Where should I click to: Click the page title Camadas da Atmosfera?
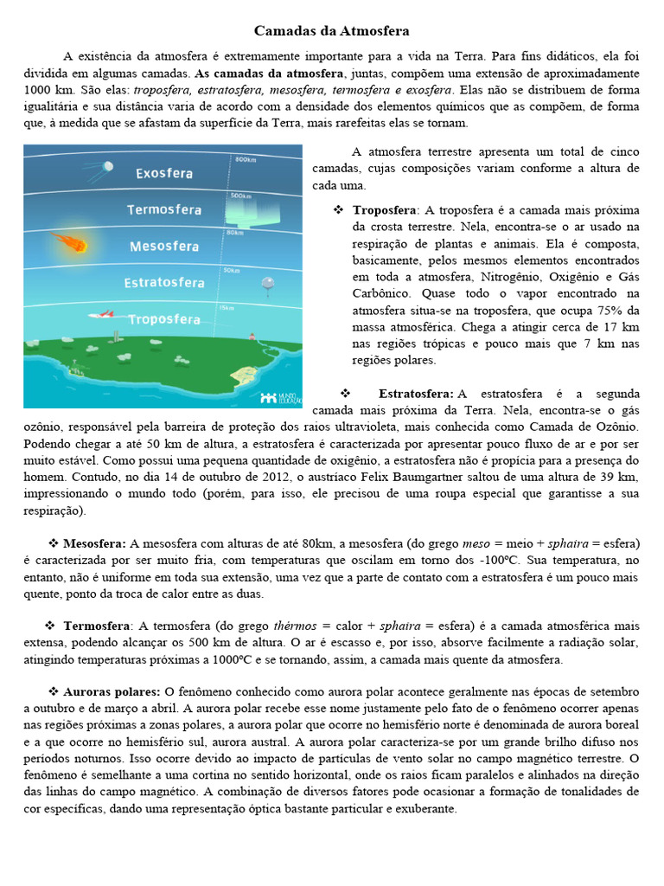[332, 31]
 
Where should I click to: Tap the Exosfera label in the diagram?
[163, 173]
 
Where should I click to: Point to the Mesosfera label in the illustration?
[165, 247]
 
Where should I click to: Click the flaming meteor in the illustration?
[68, 244]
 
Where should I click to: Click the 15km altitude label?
[227, 308]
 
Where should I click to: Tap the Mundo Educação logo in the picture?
[279, 396]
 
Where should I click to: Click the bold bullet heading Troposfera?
[384, 210]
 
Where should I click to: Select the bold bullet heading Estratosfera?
[416, 394]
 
